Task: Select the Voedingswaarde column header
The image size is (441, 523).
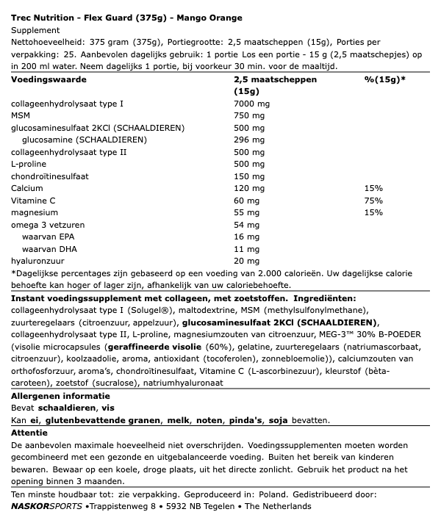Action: click(47, 79)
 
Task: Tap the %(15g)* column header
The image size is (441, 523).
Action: click(384, 79)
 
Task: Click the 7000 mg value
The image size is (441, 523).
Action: click(252, 104)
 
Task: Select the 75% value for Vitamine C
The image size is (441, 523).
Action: click(372, 200)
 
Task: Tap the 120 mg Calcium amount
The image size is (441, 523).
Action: click(249, 188)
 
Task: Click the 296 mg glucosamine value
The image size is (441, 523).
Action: click(249, 140)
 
